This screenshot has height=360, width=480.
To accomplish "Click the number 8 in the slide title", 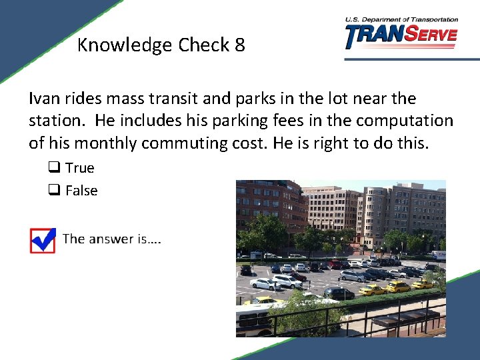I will [x=239, y=45].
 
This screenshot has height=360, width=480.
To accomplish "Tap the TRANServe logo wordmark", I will [x=401, y=36].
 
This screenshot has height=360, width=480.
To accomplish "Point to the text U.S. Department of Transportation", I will [x=401, y=20].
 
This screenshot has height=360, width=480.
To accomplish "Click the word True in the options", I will [x=80, y=168].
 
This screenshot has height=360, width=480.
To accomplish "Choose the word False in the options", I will [x=81, y=191].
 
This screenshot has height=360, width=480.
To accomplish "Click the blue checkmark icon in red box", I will [x=43, y=240].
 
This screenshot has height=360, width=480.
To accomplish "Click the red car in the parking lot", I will [x=298, y=276].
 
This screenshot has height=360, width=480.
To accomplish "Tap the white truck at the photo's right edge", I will [x=438, y=255].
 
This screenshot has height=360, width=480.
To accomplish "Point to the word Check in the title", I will [x=201, y=45].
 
